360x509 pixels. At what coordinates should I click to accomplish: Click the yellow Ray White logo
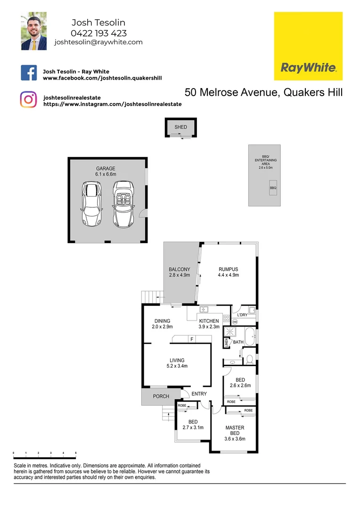coord(308,46)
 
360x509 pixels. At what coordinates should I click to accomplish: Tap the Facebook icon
coord(29,73)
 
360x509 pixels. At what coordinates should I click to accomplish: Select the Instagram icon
coord(28,99)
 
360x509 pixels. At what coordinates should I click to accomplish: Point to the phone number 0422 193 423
coord(98,33)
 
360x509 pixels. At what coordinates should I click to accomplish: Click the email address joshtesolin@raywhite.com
coord(98,42)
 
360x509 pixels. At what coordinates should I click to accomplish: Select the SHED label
coord(180,127)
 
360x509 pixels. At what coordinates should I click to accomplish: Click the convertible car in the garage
coord(123,204)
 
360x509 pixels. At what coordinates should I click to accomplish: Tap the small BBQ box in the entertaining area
coord(273,188)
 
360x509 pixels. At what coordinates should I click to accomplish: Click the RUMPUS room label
coord(229,270)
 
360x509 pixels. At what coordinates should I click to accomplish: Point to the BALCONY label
coord(180,270)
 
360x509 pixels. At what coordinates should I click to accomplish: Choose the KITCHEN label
coord(209,321)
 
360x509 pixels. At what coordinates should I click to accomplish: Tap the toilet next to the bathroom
coord(249,360)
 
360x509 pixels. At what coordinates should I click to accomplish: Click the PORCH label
coord(161,396)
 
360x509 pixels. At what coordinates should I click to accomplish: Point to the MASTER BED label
coord(235,430)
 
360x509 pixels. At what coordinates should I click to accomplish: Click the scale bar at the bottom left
coord(44,453)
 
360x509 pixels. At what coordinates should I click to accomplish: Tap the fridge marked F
coord(192,338)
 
